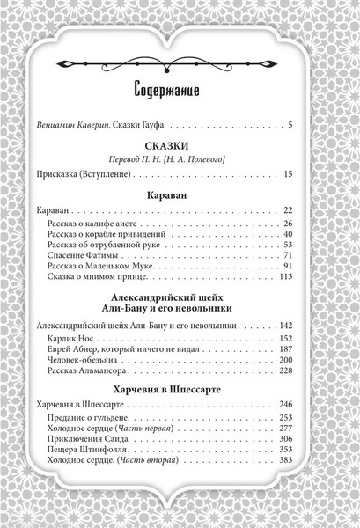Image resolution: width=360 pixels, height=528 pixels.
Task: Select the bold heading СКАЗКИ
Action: [179, 150]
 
